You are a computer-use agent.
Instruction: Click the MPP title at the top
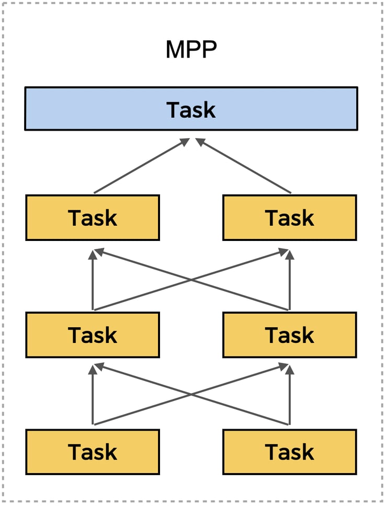coord(191,50)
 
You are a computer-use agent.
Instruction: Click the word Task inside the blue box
coord(191,110)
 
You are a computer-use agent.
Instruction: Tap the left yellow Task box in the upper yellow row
coord(93,217)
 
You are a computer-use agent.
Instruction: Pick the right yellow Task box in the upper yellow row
coord(289,217)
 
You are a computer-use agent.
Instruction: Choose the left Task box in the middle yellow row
coord(93,335)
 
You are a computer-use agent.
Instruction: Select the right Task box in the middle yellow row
coord(289,335)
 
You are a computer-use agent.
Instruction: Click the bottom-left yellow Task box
coord(93,452)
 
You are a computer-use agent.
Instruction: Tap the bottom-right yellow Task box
coord(289,452)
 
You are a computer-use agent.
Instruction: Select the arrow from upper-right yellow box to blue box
coord(244,166)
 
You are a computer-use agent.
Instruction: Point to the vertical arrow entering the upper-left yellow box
coord(93,282)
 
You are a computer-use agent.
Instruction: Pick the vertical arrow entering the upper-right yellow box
coord(289,282)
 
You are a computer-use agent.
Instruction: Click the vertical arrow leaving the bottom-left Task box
coord(93,397)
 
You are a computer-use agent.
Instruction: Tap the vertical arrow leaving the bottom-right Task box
coord(289,397)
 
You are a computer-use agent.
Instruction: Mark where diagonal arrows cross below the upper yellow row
coord(191,280)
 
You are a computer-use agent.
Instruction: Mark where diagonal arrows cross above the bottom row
coord(191,396)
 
